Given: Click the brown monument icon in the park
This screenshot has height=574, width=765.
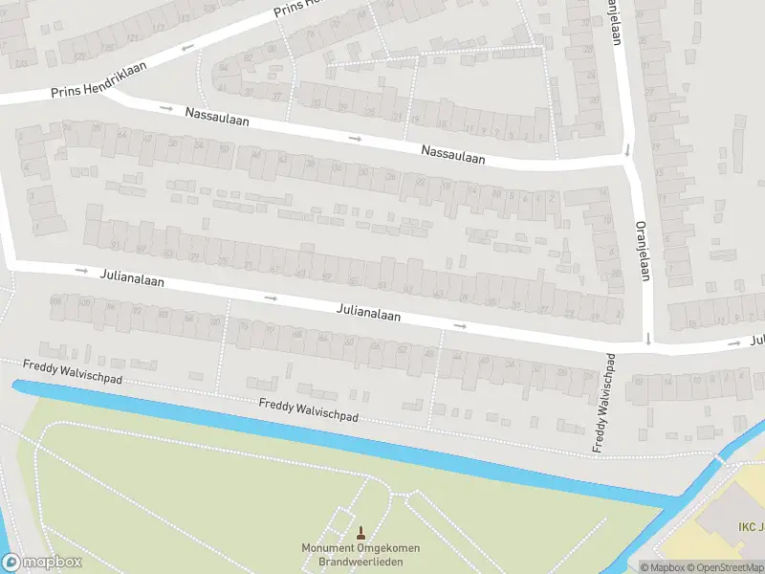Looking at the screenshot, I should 361,532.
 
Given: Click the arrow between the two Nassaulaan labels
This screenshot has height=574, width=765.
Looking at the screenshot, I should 356,139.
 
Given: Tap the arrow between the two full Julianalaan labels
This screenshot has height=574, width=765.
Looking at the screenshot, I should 271,298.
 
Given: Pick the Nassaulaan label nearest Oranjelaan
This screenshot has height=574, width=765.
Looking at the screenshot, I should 453,155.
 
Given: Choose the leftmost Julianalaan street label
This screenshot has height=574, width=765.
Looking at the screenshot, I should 132,278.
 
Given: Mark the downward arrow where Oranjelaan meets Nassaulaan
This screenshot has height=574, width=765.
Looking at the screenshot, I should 627,149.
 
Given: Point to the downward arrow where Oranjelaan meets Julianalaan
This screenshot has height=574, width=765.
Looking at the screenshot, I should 647,337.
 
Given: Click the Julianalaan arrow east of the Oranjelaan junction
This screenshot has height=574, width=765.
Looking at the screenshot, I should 733,342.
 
